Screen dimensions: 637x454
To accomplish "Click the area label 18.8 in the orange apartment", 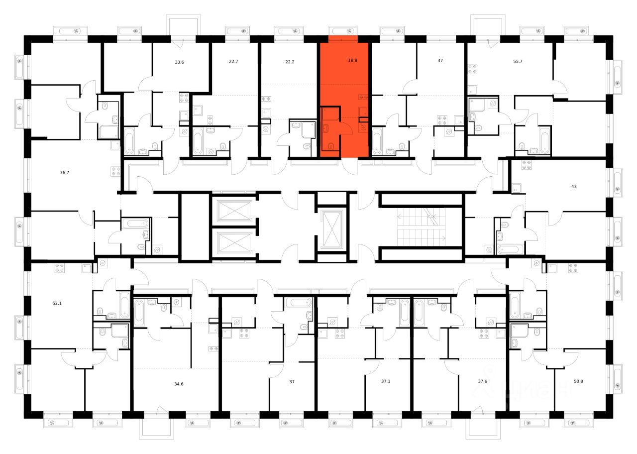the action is point(352,60).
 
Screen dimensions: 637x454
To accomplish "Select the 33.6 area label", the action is point(180,63).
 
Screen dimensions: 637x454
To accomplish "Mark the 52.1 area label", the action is point(57,303).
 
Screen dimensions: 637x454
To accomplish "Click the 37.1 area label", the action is point(386,382).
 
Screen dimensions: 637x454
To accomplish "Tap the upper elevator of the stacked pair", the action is point(234,210).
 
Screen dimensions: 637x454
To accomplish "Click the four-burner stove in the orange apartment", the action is point(363,97).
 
